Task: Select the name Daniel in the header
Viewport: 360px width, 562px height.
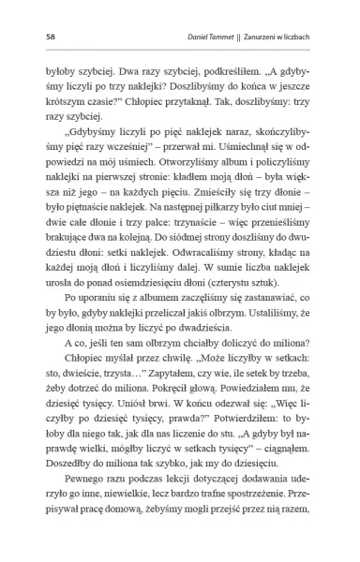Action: [204, 37]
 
